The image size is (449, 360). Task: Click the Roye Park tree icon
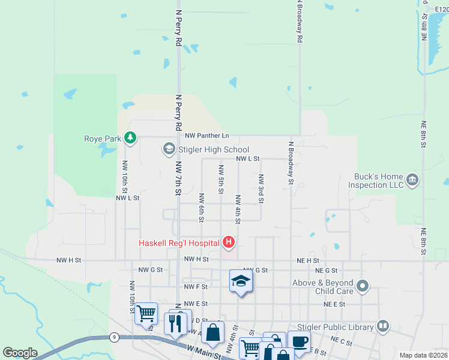pyautogui.click(x=130, y=139)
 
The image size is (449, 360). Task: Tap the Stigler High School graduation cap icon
pyautogui.click(x=169, y=149)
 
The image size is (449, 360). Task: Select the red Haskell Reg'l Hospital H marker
pyautogui.click(x=229, y=242)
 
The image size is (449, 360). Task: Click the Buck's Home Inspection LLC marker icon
pyautogui.click(x=412, y=180)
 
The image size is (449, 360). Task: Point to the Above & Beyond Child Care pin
pyautogui.click(x=362, y=286)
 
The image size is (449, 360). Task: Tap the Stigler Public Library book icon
pyautogui.click(x=383, y=326)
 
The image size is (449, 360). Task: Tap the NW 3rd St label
pyautogui.click(x=261, y=188)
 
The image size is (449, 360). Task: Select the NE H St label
pyautogui.click(x=308, y=260)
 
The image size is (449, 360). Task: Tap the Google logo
pyautogui.click(x=20, y=353)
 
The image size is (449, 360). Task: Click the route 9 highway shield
pyautogui.click(x=113, y=338)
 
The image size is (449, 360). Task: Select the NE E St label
pyautogui.click(x=335, y=304)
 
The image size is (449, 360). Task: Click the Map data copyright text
pyautogui.click(x=423, y=355)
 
